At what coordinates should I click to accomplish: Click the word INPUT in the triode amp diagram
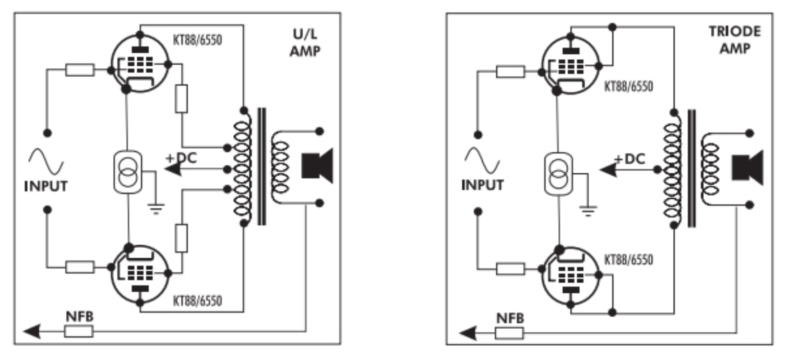[483, 185]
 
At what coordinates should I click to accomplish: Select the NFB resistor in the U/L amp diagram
[79, 330]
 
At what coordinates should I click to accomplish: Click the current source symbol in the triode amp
[558, 173]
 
